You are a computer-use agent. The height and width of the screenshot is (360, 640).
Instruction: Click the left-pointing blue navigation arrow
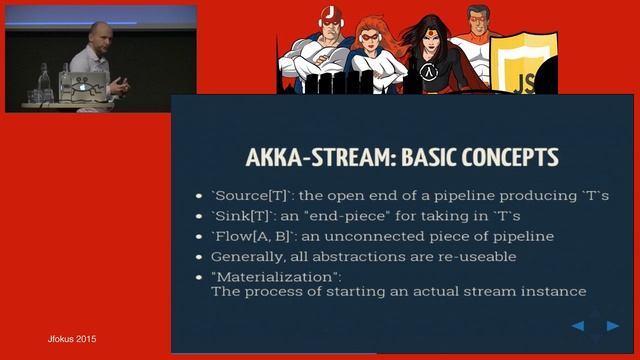(578, 326)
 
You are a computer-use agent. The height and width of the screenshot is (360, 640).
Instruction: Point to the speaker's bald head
(97, 31)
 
